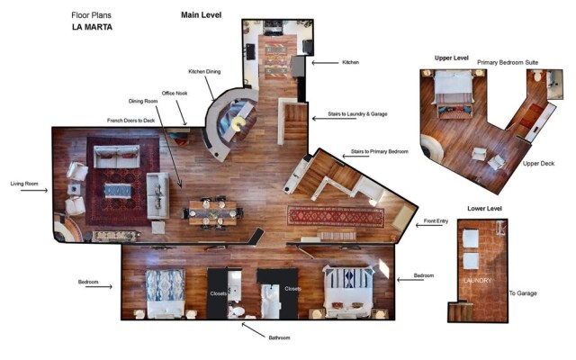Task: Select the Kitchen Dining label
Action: click(x=204, y=71)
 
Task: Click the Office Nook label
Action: click(x=175, y=93)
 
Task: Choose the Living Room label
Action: click(x=24, y=184)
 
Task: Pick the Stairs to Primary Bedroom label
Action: click(x=376, y=152)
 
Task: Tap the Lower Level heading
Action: click(x=484, y=209)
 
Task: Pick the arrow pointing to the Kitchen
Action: click(x=319, y=63)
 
